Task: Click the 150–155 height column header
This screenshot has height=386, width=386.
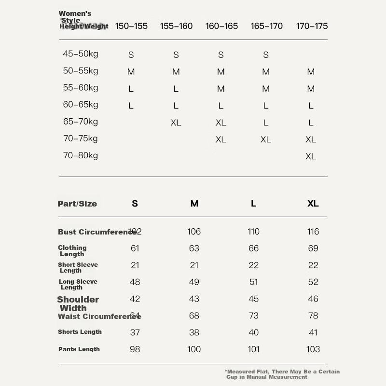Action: point(131,26)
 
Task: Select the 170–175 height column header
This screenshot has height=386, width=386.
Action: point(312,26)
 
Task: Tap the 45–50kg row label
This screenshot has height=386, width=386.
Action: point(80,54)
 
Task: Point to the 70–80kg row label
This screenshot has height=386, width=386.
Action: point(80,155)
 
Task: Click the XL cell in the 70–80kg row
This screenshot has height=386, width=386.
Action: point(311,156)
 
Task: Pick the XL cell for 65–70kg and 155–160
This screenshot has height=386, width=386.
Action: point(176,123)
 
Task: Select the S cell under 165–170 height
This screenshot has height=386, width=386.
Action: point(266,55)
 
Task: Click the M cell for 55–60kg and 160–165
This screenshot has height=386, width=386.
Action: point(221,89)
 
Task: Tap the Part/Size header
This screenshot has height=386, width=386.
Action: point(77,204)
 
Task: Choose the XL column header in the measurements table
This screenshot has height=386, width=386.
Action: point(313,204)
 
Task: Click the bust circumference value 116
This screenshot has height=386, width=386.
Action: point(313,232)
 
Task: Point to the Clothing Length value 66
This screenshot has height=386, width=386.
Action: point(254,248)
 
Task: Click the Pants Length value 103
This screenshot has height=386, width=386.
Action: point(313,349)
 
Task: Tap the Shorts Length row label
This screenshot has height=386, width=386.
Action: point(80,332)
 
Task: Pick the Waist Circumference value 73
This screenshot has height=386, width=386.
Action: point(254,316)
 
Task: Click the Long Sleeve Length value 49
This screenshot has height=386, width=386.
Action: point(194,282)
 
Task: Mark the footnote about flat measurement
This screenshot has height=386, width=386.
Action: point(282,374)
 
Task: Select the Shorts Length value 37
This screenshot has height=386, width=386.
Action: point(135,332)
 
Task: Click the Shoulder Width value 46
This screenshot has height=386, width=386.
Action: point(313,299)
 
